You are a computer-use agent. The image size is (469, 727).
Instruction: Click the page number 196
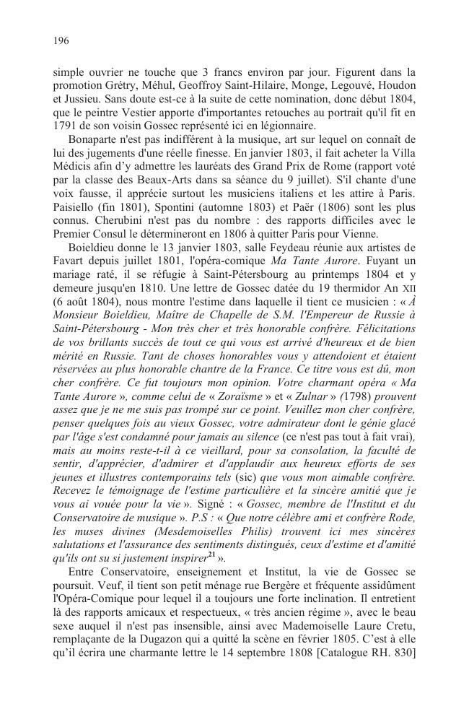(61, 41)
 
